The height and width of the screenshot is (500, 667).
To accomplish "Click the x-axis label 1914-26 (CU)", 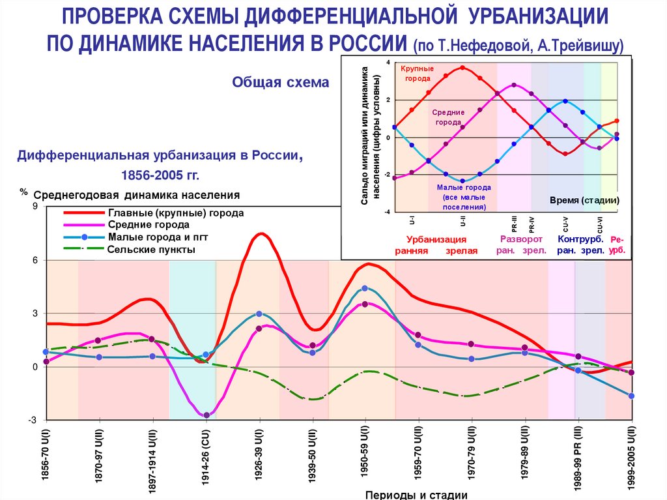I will pos(206,456).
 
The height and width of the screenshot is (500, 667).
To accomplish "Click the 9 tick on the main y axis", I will pos(36,207).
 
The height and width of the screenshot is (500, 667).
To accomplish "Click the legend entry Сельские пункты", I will pos(152,249).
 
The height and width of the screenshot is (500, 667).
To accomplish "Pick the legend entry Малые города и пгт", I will pos(158,237).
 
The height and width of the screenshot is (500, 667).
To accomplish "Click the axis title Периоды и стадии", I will pos(416,495).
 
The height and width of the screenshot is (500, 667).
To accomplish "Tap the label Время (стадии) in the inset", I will pos(584,200).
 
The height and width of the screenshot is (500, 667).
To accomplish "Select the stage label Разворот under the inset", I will pos(517,239).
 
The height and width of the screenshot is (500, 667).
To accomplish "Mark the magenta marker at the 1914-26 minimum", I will pos(206,415).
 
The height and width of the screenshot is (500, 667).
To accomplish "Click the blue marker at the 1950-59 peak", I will pos(365,288).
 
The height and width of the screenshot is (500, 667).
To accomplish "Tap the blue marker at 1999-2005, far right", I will pos(631,396).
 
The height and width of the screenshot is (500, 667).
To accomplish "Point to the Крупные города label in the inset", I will pos(417,73).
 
